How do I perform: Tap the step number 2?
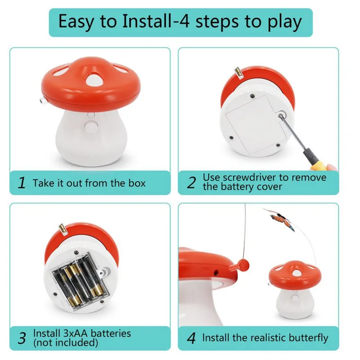coord(191,183)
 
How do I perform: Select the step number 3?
coord(22,338)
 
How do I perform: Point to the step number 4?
coord(191,338)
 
